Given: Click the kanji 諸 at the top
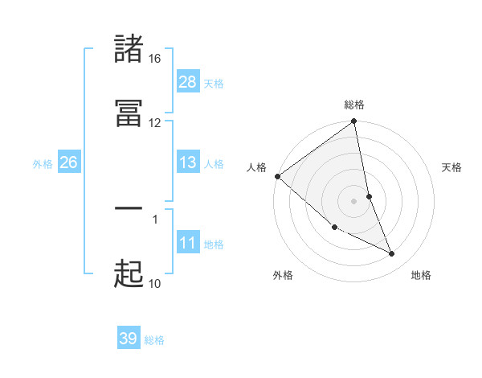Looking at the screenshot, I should pyautogui.click(x=129, y=49).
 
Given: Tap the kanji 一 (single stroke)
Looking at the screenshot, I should pyautogui.click(x=129, y=208).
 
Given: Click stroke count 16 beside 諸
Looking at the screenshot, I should pyautogui.click(x=154, y=59).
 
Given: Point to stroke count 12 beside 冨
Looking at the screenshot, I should pyautogui.click(x=154, y=122).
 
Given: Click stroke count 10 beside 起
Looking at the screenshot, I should pyautogui.click(x=154, y=283).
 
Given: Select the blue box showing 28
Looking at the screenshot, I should pyautogui.click(x=188, y=81).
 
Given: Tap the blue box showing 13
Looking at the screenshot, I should pyautogui.click(x=188, y=162).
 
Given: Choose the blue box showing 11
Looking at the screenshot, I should pyautogui.click(x=188, y=243).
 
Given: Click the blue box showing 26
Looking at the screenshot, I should pyautogui.click(x=68, y=162).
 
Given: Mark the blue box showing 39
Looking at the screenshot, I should pyautogui.click(x=129, y=339).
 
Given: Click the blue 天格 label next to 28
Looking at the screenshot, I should pyautogui.click(x=214, y=83).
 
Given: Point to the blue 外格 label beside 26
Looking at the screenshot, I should pyautogui.click(x=43, y=164).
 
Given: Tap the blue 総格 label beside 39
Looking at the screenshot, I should pyautogui.click(x=154, y=340).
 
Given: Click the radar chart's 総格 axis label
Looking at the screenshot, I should pyautogui.click(x=354, y=105).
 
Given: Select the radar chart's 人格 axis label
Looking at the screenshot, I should pyautogui.click(x=257, y=167).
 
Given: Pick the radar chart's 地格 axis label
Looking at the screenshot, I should pyautogui.click(x=421, y=275).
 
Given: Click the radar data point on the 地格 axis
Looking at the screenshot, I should pyautogui.click(x=392, y=254).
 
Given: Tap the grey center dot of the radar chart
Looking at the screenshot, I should pyautogui.click(x=354, y=200).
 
